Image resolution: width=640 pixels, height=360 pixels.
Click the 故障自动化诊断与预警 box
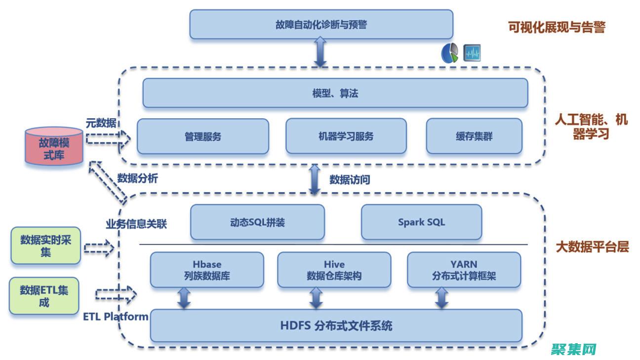pyautogui.click(x=321, y=24)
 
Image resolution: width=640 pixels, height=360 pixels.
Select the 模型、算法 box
pyautogui.click(x=335, y=93)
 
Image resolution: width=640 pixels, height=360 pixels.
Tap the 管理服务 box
pyautogui.click(x=203, y=136)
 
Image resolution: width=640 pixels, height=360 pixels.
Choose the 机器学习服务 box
pyautogui.click(x=346, y=136)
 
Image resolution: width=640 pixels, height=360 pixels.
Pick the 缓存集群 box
pyautogui.click(x=474, y=136)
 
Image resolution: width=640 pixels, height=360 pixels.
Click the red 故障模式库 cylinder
pyautogui.click(x=54, y=147)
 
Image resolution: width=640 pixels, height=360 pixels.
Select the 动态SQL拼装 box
pyautogui.click(x=257, y=222)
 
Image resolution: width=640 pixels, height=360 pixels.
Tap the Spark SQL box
pyautogui.click(x=421, y=222)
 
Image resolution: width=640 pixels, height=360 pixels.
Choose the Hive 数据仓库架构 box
pyautogui.click(x=334, y=270)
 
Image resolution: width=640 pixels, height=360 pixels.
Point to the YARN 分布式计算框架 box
pyautogui.click(x=464, y=270)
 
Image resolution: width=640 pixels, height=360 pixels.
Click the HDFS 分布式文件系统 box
pyautogui.click(x=336, y=326)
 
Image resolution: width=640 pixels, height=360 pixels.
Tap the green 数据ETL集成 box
pyautogui.click(x=44, y=296)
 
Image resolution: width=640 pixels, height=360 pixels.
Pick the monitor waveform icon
pyautogui.click(x=472, y=53)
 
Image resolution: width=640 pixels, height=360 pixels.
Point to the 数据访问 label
pyautogui.click(x=350, y=180)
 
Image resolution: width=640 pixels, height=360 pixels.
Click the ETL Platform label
pyautogui.click(x=116, y=316)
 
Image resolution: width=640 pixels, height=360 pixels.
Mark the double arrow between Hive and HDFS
pyautogui.click(x=316, y=298)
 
